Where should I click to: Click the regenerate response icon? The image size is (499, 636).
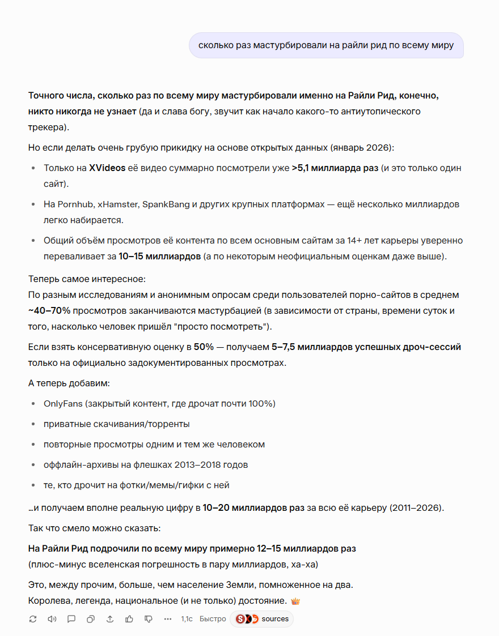pos(33,619)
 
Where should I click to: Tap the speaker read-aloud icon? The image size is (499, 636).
pos(52,619)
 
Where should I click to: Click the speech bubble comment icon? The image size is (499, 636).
pos(71,619)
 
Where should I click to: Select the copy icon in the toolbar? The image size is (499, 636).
pos(91,619)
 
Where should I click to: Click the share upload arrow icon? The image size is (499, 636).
pos(110,619)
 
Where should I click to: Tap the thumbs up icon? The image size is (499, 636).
pos(129,619)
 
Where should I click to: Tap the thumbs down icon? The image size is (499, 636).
pos(149,619)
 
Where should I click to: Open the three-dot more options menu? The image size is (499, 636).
pos(168,619)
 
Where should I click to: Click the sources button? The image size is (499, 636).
pos(262,619)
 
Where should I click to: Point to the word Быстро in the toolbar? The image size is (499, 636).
pos(213,619)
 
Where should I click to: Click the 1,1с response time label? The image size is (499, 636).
pos(187,619)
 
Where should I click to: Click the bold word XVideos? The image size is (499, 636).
pos(107,168)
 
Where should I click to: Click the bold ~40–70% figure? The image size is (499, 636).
pos(49,311)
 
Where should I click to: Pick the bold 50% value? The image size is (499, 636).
pos(203,347)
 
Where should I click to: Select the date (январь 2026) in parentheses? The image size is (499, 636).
pos(361,148)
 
